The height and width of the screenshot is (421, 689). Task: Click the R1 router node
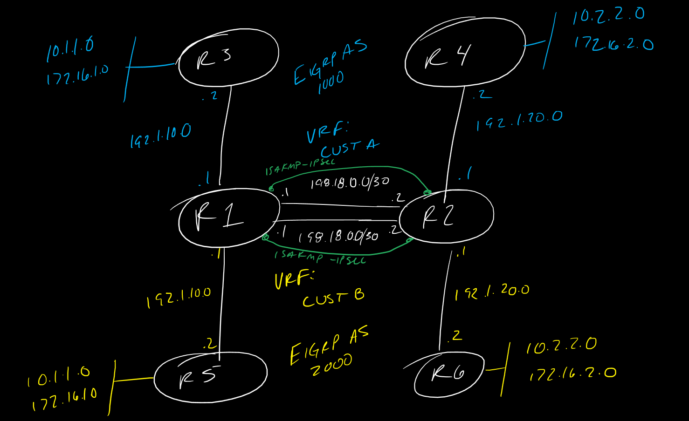point(228,217)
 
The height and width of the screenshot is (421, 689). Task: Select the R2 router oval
point(446,216)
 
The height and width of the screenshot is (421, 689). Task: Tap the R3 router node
point(228,58)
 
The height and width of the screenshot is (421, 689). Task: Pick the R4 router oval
point(465,52)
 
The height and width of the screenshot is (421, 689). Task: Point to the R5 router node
point(211,377)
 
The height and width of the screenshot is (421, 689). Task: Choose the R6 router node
point(449,374)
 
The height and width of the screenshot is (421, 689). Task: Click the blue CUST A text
point(350,149)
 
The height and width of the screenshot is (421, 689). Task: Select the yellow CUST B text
point(333,299)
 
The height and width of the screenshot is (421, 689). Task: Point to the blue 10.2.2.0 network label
point(608,15)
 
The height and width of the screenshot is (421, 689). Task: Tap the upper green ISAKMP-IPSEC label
point(300,167)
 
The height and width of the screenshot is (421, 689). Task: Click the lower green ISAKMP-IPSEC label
point(320,258)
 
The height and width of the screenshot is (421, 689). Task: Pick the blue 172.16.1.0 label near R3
point(77,75)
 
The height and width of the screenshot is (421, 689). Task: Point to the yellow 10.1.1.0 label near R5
point(59,375)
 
